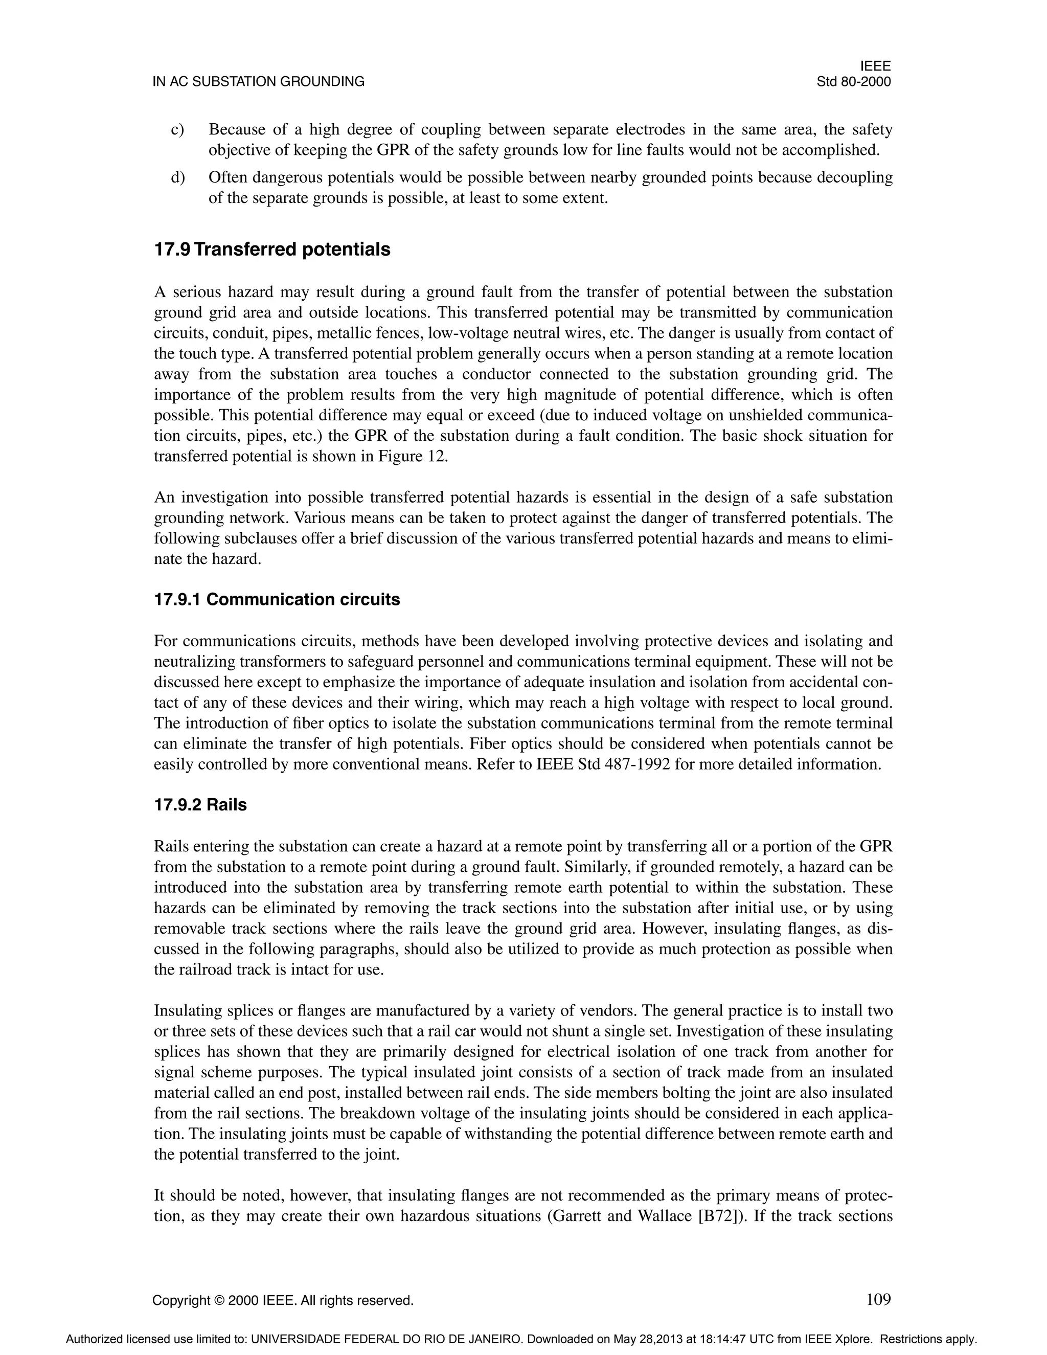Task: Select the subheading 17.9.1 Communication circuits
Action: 277,599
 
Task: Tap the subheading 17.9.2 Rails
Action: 200,805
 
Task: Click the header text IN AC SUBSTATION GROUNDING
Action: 258,81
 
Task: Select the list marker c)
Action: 177,130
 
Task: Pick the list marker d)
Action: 177,177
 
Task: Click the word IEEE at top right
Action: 875,66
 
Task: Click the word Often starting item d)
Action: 227,177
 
